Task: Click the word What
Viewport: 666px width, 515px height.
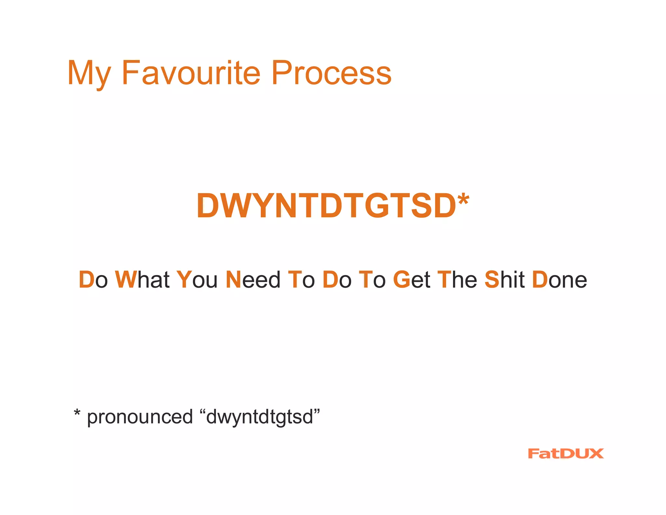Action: [x=142, y=280]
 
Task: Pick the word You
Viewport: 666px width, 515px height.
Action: [x=197, y=280]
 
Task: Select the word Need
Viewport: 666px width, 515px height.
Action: [x=253, y=280]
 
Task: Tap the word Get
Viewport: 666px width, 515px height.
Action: [x=412, y=280]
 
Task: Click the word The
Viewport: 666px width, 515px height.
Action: [x=457, y=280]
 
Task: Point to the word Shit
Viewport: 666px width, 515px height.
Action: [x=504, y=280]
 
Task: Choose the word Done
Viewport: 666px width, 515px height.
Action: [x=559, y=280]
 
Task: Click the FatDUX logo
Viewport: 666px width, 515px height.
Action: [x=566, y=453]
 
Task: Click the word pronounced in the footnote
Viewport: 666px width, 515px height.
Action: [x=140, y=417]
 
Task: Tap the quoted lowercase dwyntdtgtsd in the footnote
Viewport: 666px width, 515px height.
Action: [x=260, y=417]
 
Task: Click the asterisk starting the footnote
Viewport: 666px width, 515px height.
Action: [x=77, y=413]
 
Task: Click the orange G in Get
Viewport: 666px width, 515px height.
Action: [x=401, y=280]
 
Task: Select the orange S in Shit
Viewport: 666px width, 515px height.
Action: [x=492, y=280]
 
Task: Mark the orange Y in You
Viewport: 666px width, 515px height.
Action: [x=184, y=280]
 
